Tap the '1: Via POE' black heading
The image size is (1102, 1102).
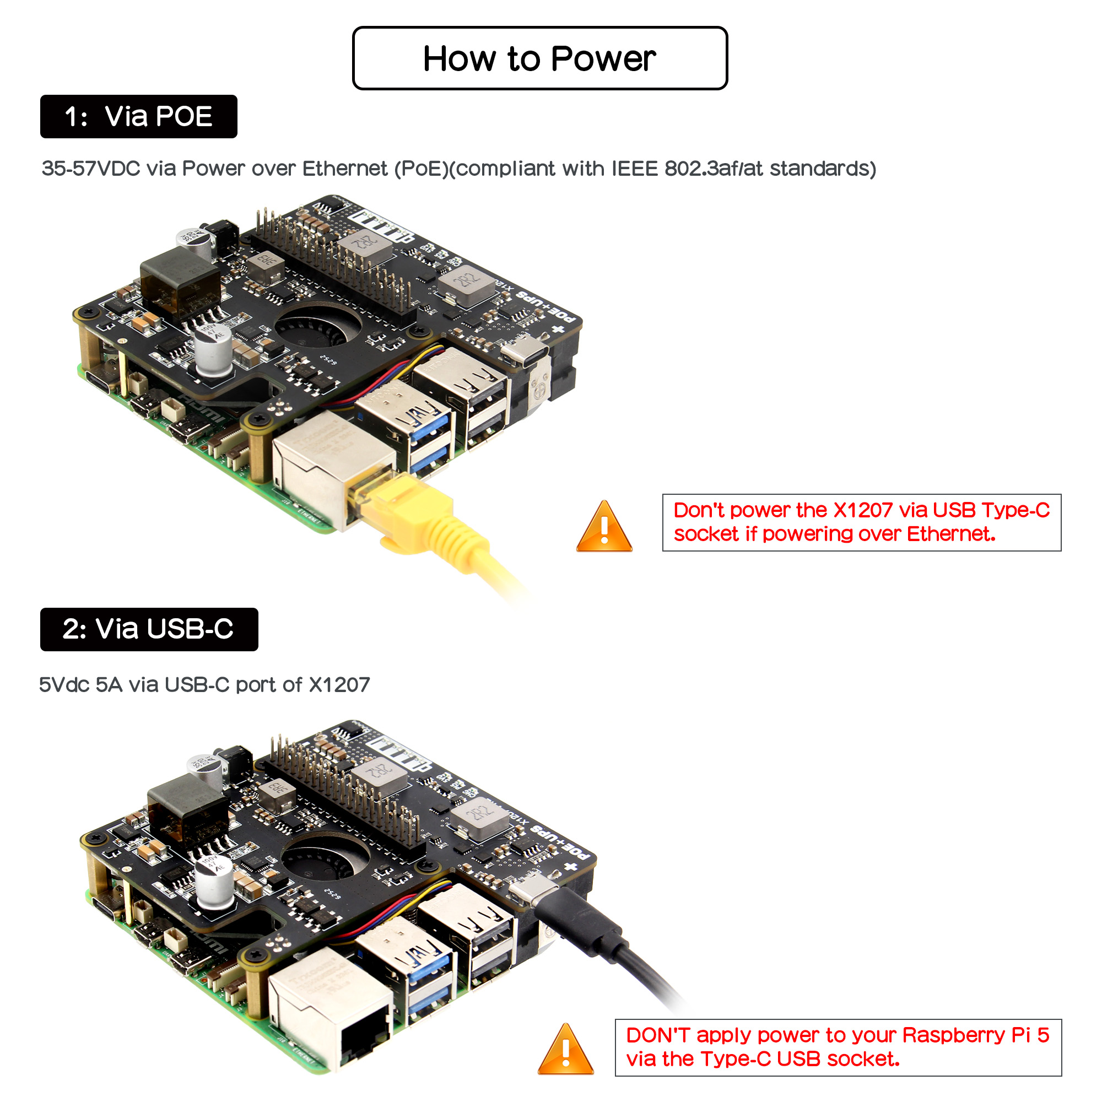pos(139,116)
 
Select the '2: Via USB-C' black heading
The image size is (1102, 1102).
pos(148,629)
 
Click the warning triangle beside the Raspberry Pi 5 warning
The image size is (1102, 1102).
pos(565,1051)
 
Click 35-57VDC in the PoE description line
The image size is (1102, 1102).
pos(91,169)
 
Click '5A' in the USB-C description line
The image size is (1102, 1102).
pos(109,684)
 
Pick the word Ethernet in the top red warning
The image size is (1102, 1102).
pos(950,534)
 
